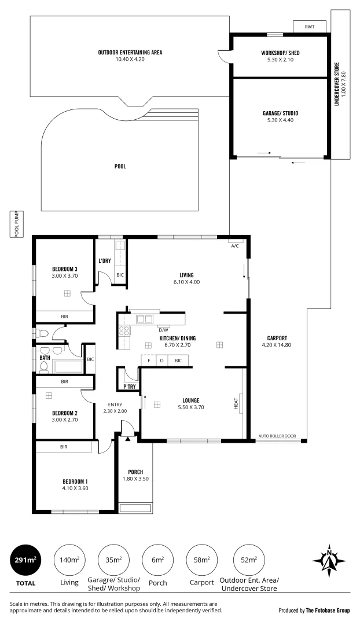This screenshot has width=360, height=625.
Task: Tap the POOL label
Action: coord(120,166)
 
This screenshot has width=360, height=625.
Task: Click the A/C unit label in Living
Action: coord(235,246)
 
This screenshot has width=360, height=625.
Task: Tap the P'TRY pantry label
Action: coord(128,387)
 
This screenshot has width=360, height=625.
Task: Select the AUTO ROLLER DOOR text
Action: coord(277,435)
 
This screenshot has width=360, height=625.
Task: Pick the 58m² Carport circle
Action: coord(202,560)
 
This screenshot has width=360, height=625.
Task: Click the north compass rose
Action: coord(329,560)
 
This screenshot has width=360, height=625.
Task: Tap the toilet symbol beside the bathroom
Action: coord(42,333)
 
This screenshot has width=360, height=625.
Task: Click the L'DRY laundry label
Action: coord(104,261)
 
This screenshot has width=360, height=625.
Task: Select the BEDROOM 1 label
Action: coord(75,481)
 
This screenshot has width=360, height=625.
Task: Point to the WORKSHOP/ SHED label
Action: coord(280,53)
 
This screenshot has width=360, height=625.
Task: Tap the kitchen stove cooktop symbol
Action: coord(124,332)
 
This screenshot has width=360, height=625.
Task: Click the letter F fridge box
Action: coord(149,361)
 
